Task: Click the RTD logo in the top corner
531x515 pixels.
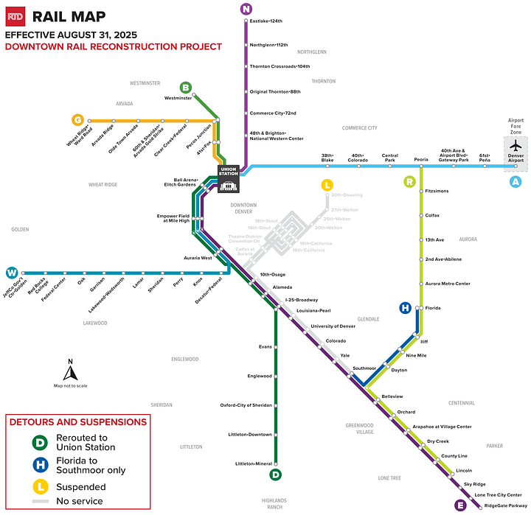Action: pos(15,16)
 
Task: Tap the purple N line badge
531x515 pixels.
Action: pos(246,9)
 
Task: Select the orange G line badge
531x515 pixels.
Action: pos(77,120)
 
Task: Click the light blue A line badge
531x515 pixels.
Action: pos(516,182)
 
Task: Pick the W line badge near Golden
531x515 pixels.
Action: pos(10,273)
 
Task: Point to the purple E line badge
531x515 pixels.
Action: pos(460,505)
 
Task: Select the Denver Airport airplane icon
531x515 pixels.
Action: pos(516,146)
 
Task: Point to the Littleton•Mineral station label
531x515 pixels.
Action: pos(253,463)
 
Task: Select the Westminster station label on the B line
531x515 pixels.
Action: pos(178,98)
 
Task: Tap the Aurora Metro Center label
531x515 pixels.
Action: pos(448,284)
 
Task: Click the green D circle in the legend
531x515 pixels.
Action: pos(40,442)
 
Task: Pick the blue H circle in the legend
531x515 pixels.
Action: pos(40,466)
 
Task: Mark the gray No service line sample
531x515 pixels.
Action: pos(40,501)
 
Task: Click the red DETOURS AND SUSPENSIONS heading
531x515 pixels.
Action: pos(77,422)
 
